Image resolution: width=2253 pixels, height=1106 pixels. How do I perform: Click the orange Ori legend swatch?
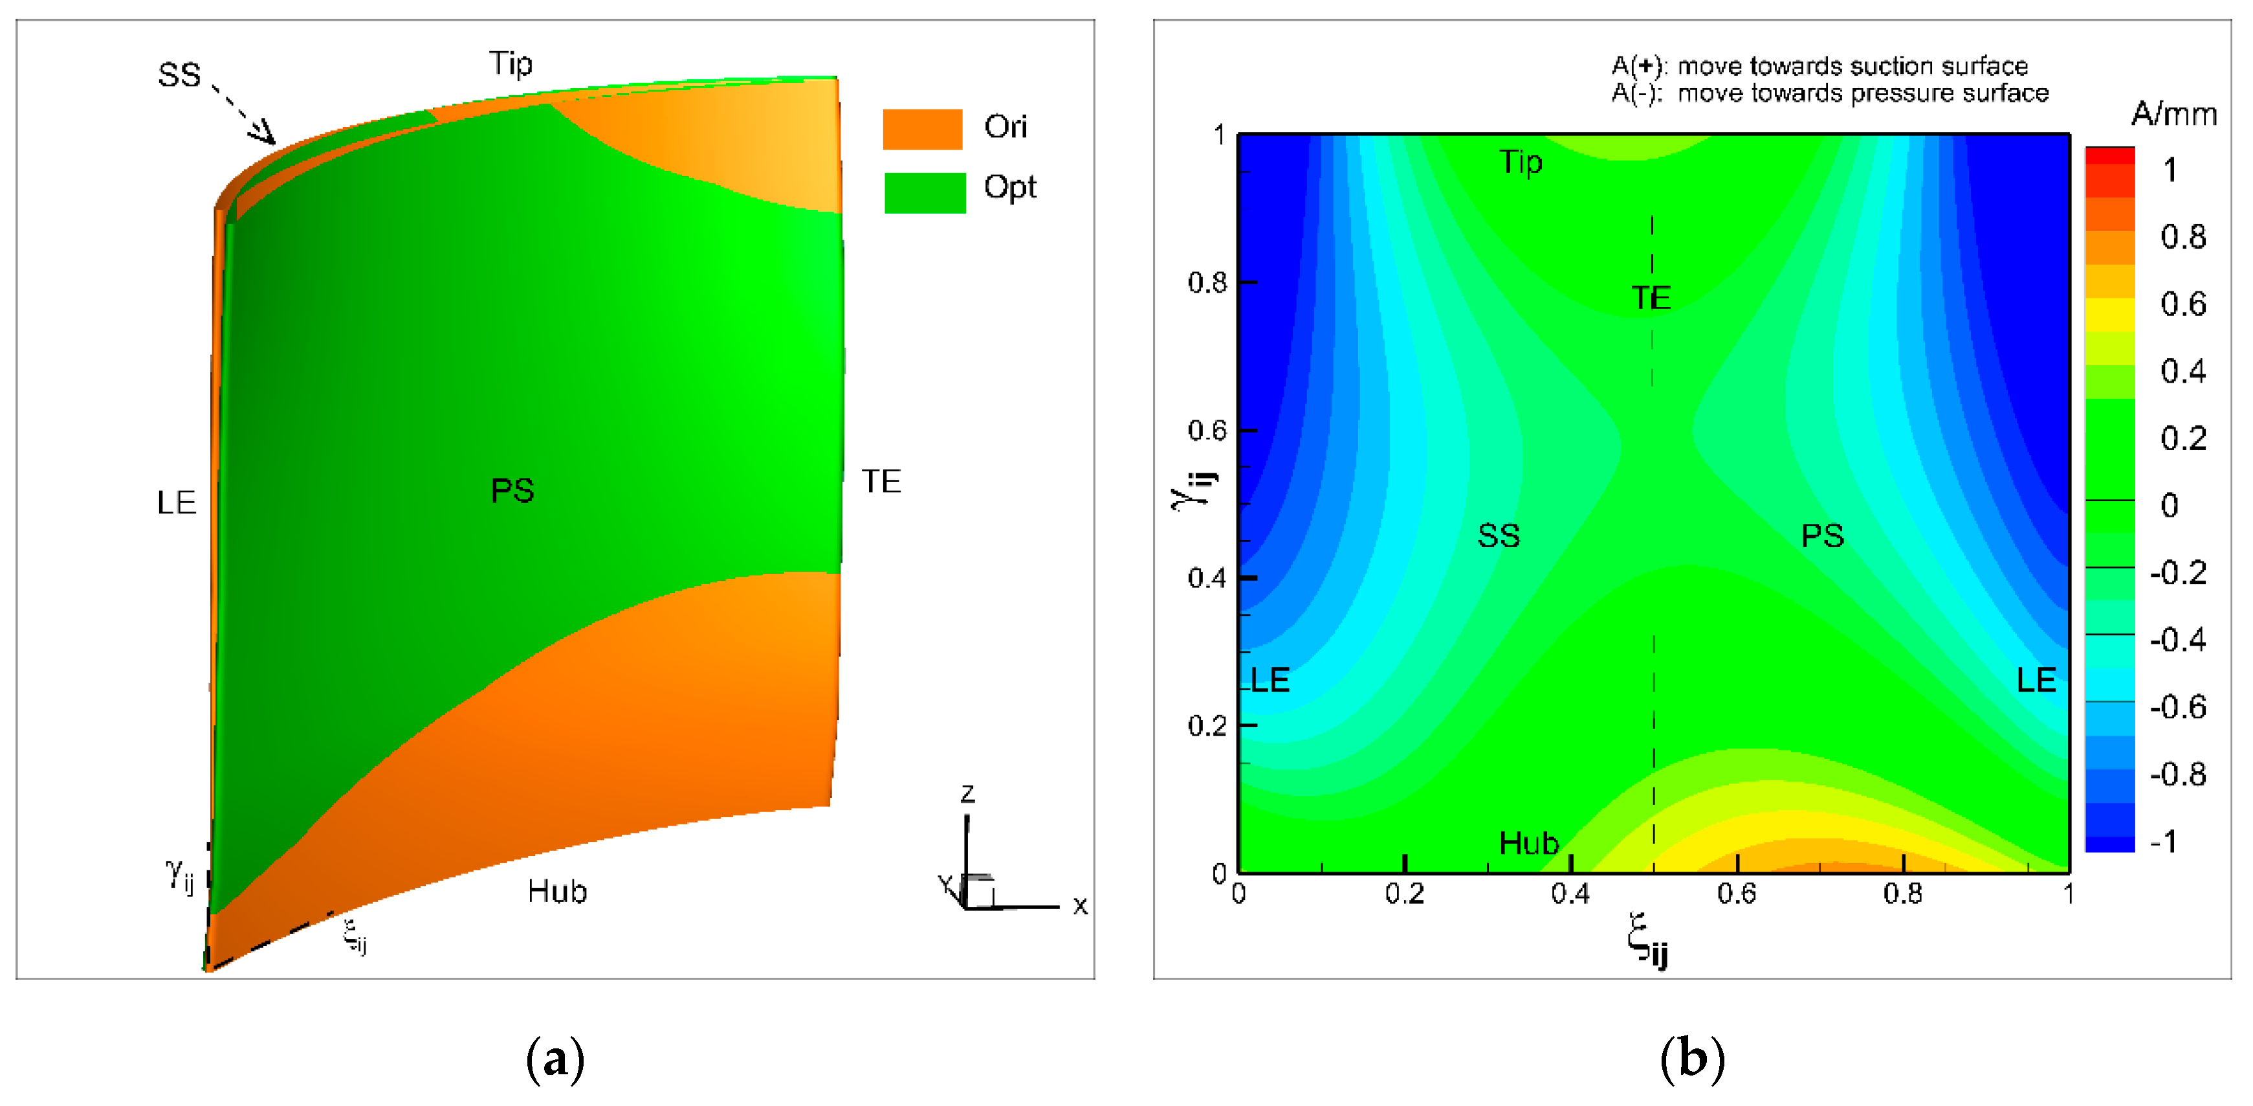pos(922,130)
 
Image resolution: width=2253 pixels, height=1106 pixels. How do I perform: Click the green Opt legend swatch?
pos(925,192)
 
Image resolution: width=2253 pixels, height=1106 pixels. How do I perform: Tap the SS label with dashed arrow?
pos(179,75)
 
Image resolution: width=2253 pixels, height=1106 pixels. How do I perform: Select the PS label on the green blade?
pos(512,491)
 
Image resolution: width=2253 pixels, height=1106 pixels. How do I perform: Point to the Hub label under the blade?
pos(557,892)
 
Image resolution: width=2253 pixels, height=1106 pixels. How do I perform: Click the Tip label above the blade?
pos(510,64)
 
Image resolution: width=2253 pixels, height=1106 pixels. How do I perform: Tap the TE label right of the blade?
pos(881,481)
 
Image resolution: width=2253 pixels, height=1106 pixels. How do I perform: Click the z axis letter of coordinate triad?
pos(967,794)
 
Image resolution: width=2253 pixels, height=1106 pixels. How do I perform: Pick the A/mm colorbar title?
pos(2173,114)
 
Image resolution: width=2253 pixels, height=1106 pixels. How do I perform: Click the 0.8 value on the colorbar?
pos(2182,237)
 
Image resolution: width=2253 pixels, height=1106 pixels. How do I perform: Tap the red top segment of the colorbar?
pos(2109,156)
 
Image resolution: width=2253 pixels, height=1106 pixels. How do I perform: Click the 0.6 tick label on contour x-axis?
pos(1736,894)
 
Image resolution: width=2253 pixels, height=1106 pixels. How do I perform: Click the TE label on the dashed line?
pos(1651,299)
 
